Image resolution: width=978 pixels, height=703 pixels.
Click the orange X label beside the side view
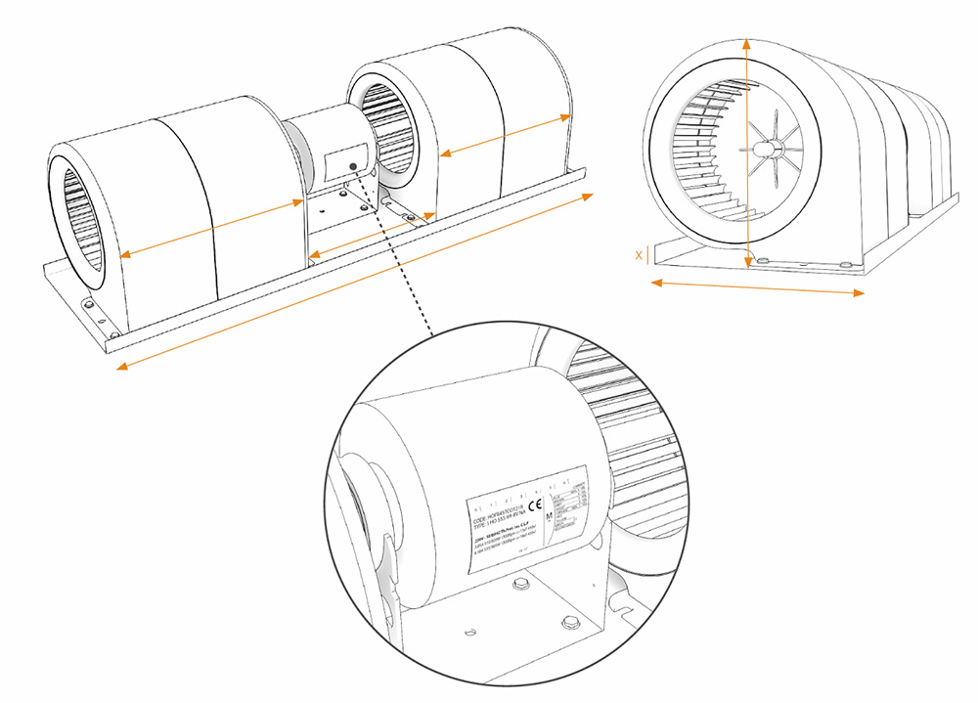pos(639,255)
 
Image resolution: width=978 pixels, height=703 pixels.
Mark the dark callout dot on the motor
pos(352,154)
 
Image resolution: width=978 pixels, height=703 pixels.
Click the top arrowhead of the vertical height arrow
pos(746,43)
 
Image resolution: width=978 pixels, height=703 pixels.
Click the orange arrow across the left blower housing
pos(211,229)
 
